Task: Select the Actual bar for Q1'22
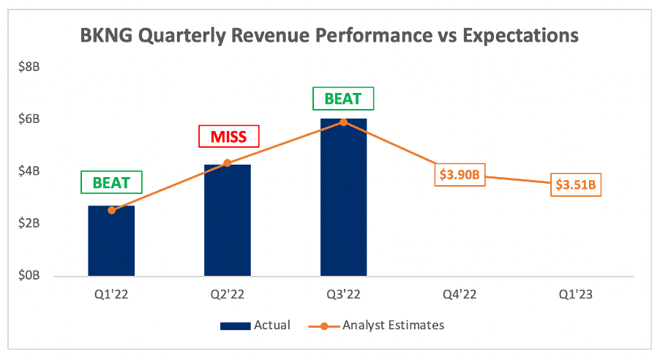111,241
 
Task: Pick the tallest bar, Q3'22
343,198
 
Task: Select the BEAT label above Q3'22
343,99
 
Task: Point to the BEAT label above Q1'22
111,182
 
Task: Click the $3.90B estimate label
460,176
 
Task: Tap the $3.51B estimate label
577,185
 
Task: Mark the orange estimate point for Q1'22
111,210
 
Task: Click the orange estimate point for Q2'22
227,162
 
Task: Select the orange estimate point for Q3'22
343,121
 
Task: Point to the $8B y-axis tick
29,67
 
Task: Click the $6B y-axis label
29,119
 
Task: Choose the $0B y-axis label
29,276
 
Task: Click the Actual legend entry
255,325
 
